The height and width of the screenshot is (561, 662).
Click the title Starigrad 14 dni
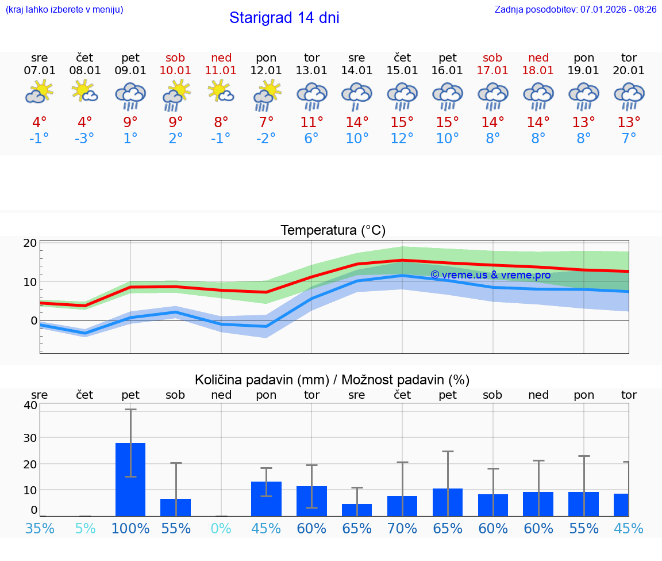pyautogui.click(x=284, y=18)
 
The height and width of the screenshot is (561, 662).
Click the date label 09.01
pyautogui.click(x=130, y=71)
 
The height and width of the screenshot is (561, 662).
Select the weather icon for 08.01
pyautogui.click(x=84, y=92)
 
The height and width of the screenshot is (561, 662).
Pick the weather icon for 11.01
pyautogui.click(x=221, y=92)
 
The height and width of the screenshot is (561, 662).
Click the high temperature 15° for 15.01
pyautogui.click(x=402, y=123)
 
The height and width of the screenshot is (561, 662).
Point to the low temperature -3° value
pyautogui.click(x=84, y=139)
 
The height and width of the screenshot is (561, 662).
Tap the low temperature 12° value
pyautogui.click(x=402, y=139)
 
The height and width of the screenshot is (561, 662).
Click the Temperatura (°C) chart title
pyautogui.click(x=333, y=231)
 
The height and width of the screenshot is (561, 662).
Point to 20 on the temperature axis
pyautogui.click(x=30, y=243)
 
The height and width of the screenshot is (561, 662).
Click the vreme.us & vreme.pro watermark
pyautogui.click(x=490, y=275)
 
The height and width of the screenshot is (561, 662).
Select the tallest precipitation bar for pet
pyautogui.click(x=130, y=479)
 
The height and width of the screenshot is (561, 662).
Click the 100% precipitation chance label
pyautogui.click(x=130, y=529)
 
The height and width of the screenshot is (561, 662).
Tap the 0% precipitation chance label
pyautogui.click(x=221, y=529)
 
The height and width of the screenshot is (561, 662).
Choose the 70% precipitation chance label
pyautogui.click(x=402, y=529)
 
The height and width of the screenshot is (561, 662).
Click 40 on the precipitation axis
pyautogui.click(x=30, y=405)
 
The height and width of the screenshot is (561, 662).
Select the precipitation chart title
pyautogui.click(x=332, y=380)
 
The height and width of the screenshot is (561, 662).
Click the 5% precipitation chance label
pyautogui.click(x=85, y=529)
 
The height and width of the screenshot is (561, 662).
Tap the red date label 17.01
pyautogui.click(x=492, y=71)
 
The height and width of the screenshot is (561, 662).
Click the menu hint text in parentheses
pyautogui.click(x=64, y=9)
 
